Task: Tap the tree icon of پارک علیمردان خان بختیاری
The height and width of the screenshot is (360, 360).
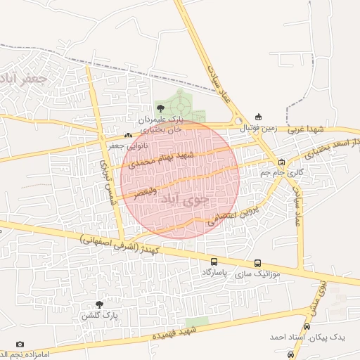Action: click(x=160, y=108)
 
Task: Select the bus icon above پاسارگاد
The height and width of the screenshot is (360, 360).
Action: click(x=214, y=262)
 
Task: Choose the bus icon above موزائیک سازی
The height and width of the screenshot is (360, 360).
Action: click(x=256, y=262)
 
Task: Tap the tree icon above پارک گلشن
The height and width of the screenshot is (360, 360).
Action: click(x=99, y=304)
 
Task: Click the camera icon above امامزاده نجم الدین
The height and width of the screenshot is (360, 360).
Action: click(x=20, y=344)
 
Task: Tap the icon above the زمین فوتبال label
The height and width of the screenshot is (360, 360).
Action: click(x=258, y=117)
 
